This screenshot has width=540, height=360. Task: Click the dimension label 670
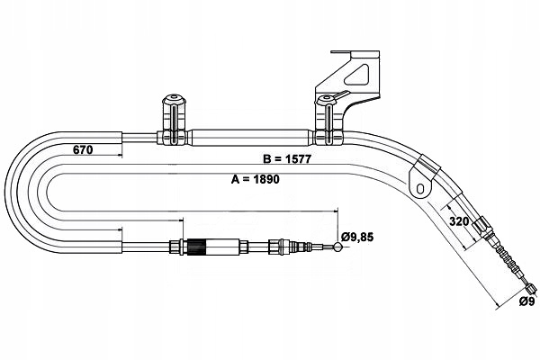(83, 150)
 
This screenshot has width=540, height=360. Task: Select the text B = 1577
(287, 158)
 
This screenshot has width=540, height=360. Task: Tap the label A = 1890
(256, 179)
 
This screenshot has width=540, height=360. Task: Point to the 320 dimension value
(459, 221)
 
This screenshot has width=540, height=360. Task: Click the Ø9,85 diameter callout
(357, 237)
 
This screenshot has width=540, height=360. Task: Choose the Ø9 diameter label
(527, 301)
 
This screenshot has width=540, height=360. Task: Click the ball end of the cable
(337, 247)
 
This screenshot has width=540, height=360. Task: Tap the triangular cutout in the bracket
(356, 74)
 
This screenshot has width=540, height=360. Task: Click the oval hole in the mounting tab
(420, 188)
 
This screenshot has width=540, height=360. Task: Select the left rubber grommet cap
(174, 100)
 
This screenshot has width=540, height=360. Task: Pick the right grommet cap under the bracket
(326, 101)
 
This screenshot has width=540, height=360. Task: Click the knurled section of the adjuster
(196, 247)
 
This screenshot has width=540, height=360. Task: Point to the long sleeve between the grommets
(248, 137)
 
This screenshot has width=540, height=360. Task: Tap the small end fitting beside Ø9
(531, 287)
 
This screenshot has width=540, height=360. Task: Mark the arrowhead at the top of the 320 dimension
(448, 207)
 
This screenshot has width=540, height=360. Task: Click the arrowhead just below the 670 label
(121, 156)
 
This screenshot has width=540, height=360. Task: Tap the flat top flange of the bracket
(355, 52)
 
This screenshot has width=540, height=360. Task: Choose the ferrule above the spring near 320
(481, 225)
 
